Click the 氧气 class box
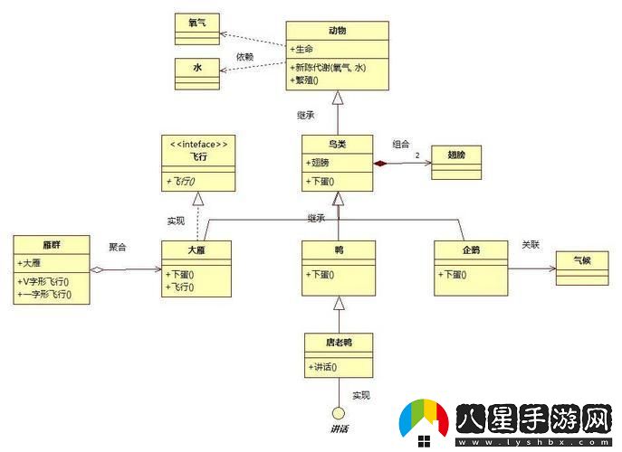point(196,28)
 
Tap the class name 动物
point(337,31)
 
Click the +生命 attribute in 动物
point(304,48)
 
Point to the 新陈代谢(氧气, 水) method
point(334,67)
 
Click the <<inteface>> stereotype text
point(197,144)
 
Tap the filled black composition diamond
point(381,163)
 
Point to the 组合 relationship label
point(400,144)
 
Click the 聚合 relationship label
point(118,247)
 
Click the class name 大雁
point(196,249)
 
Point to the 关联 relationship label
point(531,244)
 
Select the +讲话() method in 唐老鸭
point(324,366)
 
